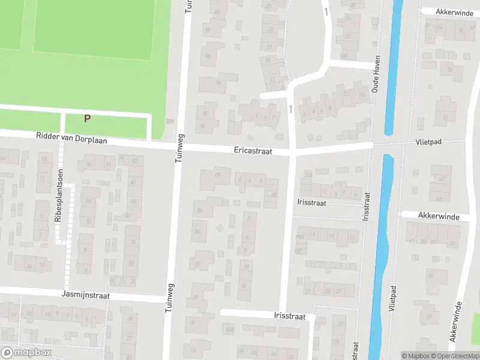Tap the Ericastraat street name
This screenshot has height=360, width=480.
(253, 152)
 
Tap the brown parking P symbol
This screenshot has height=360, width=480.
(88, 118)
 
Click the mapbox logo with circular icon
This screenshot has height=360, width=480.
(27, 352)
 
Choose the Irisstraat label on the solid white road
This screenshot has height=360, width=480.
(289, 316)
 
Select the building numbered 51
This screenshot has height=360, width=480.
(445, 116)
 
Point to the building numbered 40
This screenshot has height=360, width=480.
(216, 12)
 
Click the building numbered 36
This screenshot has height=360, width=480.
(209, 56)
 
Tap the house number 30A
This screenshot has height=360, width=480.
(170, 122)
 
